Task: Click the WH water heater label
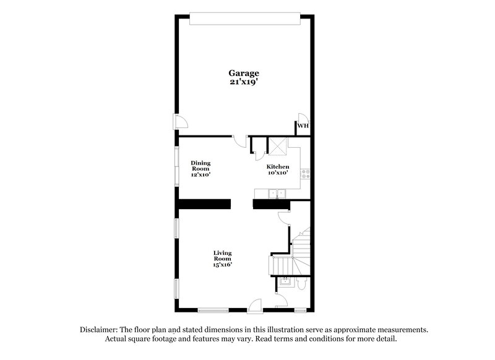[x=303, y=127]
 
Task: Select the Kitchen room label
[x=278, y=167]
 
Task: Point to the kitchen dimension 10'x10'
[x=278, y=174]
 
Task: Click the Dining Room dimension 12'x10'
[x=200, y=175]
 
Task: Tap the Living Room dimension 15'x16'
[x=223, y=264]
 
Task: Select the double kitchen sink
[x=276, y=194]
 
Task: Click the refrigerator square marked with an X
[x=277, y=147]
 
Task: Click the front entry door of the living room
[x=254, y=306]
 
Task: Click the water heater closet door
[x=303, y=118]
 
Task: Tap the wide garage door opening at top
[x=246, y=19]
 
